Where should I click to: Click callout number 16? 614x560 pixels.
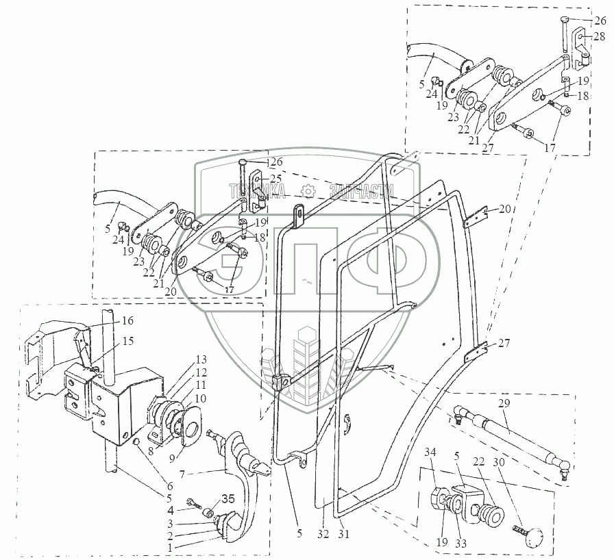pos(128,320)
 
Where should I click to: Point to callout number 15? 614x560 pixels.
pos(128,341)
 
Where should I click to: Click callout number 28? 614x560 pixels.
pos(599,36)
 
